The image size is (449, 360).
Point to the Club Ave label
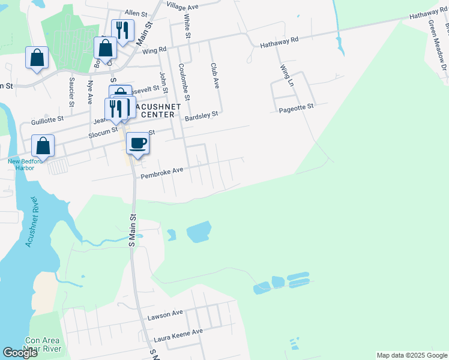coord(213,75)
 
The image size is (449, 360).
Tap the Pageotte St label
coord(297,107)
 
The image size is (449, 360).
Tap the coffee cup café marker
coord(137,144)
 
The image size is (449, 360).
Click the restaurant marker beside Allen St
coord(122,30)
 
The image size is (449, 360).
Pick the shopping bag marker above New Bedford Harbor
coord(43,146)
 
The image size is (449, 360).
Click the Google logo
coord(20,353)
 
